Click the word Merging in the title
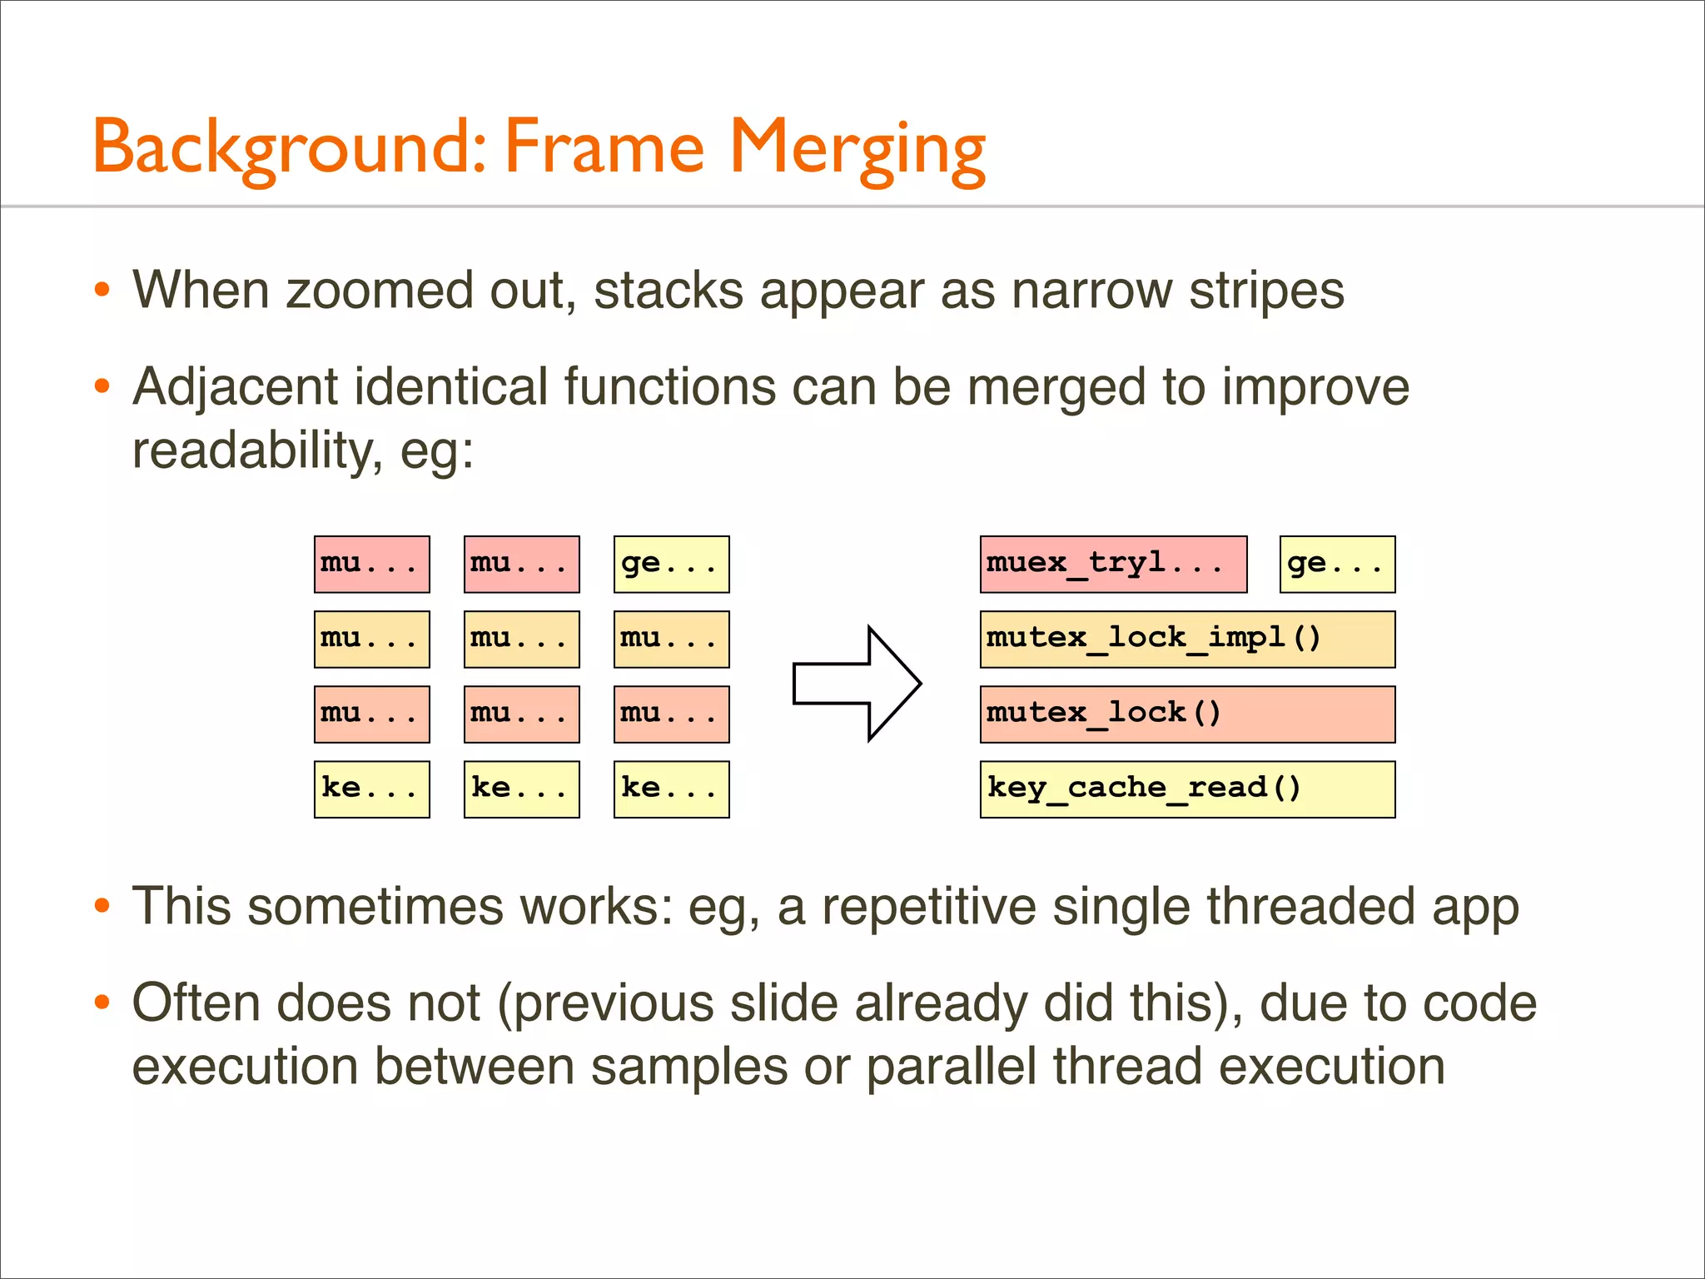pyautogui.click(x=857, y=148)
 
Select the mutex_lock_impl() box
pyautogui.click(x=1187, y=639)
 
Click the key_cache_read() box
pyautogui.click(x=1187, y=789)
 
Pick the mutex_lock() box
pyautogui.click(x=1187, y=714)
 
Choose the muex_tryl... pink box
pyautogui.click(x=1113, y=565)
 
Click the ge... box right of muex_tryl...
pyautogui.click(x=1337, y=565)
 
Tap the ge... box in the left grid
pyautogui.click(x=671, y=565)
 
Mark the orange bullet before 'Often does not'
pyautogui.click(x=102, y=1002)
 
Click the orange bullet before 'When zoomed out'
pyautogui.click(x=102, y=290)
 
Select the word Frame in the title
pyautogui.click(x=604, y=148)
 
